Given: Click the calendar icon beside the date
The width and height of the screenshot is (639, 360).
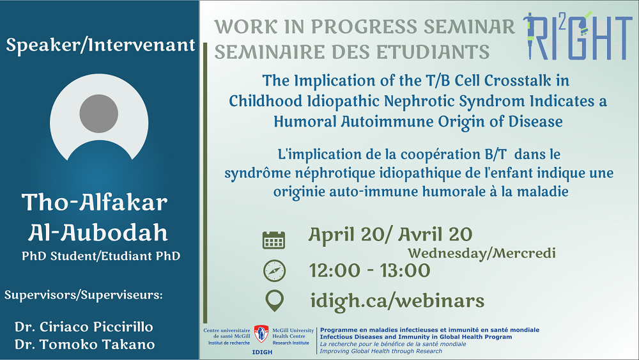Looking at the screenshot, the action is (x=273, y=240).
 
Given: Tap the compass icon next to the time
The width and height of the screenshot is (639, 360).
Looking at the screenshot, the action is (x=274, y=270).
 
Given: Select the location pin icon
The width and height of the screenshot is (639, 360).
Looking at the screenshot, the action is (x=274, y=301).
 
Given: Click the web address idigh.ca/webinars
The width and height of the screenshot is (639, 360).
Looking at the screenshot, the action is (x=397, y=301).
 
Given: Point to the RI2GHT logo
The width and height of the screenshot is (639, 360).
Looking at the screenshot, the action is (x=578, y=35).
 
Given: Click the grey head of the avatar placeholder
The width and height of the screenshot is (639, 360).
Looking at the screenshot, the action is (x=98, y=114).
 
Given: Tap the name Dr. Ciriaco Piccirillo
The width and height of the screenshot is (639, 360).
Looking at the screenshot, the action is (x=84, y=327).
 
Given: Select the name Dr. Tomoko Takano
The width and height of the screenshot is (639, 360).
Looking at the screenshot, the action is (x=85, y=345).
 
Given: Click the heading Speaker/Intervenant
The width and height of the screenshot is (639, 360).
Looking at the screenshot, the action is (x=100, y=45).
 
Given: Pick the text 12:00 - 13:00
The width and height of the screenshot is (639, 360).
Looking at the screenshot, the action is (x=369, y=270).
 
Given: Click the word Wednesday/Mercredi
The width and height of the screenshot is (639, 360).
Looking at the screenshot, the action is (x=482, y=253).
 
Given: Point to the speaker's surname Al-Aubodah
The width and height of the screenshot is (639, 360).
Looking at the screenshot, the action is (x=98, y=233).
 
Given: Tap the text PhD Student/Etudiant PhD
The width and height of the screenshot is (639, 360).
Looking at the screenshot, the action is (x=101, y=256).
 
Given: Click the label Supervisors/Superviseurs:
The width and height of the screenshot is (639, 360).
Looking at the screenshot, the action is (x=84, y=295).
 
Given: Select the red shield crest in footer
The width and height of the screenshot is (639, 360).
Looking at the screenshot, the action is (x=261, y=334).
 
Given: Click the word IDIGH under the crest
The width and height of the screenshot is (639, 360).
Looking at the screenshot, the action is (x=262, y=352).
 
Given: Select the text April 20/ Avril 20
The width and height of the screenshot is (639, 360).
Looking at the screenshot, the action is (x=390, y=235).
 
